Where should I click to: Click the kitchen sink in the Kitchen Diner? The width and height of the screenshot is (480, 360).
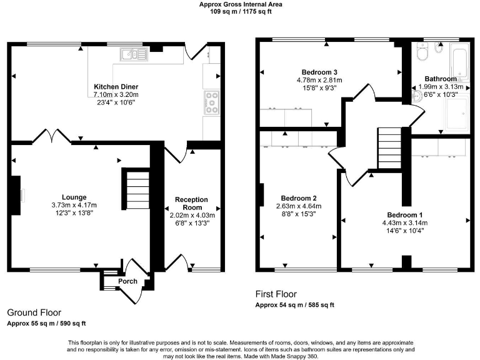[134, 54]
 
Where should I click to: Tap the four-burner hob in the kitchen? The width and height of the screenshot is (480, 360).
[212, 102]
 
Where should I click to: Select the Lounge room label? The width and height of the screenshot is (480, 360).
[74, 197]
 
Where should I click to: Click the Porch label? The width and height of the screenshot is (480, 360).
[127, 281]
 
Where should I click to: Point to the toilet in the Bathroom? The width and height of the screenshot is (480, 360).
[422, 52]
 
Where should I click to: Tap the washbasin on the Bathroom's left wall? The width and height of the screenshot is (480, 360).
[417, 96]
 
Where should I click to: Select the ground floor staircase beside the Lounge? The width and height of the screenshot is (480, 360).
[137, 190]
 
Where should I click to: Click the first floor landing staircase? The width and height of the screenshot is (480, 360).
[389, 148]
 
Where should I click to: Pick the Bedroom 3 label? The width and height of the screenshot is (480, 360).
[319, 72]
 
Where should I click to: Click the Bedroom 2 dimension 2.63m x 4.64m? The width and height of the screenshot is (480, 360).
[299, 206]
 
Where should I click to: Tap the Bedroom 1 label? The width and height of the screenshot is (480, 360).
[405, 215]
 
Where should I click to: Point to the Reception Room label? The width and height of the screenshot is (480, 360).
[191, 203]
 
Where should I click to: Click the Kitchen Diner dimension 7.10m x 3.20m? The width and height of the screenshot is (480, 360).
[116, 94]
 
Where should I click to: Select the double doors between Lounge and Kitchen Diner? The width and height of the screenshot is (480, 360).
[52, 136]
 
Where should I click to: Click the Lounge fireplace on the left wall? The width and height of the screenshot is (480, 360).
[16, 195]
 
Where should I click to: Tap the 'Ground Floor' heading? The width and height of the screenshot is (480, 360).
[34, 312]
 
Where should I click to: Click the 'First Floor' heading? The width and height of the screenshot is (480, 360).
[276, 294]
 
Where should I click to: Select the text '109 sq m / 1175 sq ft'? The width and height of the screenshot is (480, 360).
[241, 12]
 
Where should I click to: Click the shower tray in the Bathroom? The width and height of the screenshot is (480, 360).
[457, 113]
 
